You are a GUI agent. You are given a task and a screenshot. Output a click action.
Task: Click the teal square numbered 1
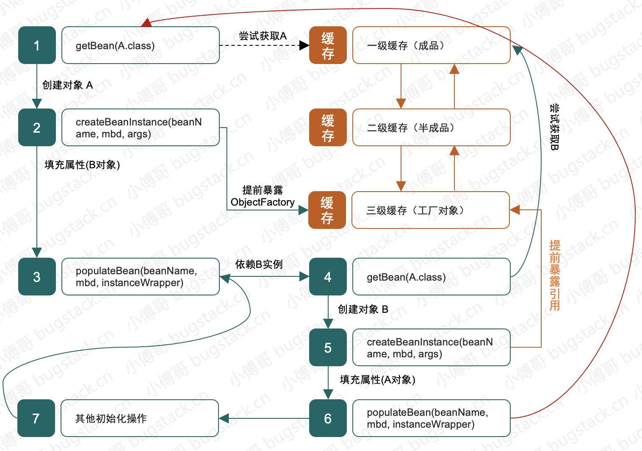pos(37,45)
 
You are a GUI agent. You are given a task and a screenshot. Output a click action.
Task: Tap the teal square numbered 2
pos(37,128)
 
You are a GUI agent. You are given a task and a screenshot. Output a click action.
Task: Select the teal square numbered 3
pos(37,276)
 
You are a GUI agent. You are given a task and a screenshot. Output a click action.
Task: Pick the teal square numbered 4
pos(328,277)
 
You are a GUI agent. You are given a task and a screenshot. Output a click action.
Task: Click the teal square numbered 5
pos(328,348)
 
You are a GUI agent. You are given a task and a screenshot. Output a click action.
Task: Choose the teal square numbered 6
pos(328,418)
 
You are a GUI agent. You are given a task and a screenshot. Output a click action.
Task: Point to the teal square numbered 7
pos(36,418)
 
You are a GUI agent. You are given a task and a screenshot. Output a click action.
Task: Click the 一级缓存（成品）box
pos(431,45)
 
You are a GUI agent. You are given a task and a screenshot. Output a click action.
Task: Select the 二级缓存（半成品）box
pos(431,128)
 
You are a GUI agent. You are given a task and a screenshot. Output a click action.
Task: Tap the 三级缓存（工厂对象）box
pos(430,210)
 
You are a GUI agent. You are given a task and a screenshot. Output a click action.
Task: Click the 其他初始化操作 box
pos(140,418)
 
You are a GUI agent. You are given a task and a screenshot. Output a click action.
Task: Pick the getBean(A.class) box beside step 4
pos(431,277)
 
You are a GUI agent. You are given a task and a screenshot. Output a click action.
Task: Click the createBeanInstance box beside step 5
pos(431,348)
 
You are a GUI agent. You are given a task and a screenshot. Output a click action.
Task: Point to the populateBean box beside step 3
pos(140,276)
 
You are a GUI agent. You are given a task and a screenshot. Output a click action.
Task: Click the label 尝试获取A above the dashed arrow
pos(263,36)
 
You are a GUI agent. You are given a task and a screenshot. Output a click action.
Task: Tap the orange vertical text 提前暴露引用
pos(554,276)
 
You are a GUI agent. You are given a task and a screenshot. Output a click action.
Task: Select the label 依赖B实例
pos(259,264)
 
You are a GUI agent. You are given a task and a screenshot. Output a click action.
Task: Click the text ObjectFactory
pos(263,202)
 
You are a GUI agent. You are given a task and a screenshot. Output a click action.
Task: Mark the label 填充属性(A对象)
pos(377,380)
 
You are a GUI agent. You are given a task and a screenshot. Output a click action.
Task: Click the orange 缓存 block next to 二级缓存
pos(328,128)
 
